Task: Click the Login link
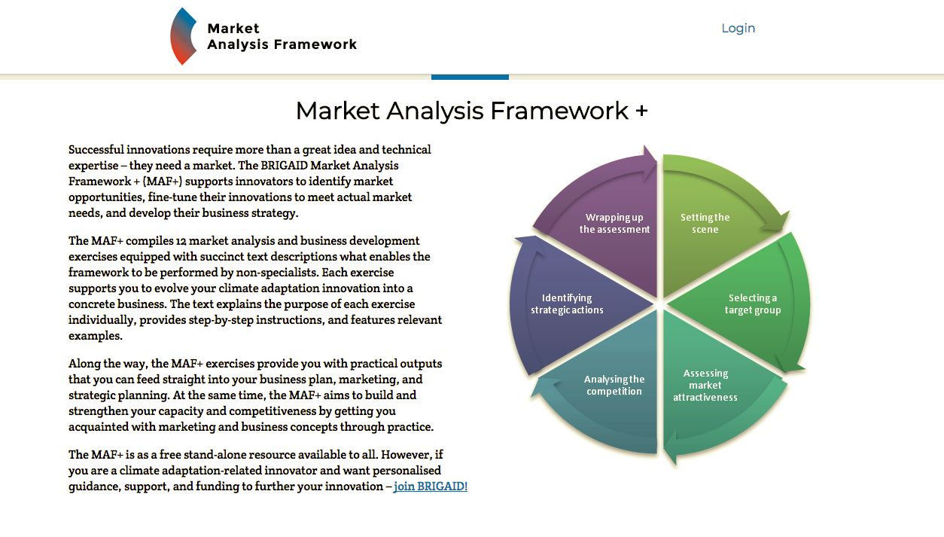tap(738, 29)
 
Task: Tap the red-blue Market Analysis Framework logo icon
tap(183, 36)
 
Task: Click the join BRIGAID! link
tap(431, 487)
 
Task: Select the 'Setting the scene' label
tap(705, 224)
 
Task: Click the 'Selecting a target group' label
tap(752, 304)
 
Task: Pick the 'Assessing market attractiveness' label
tap(705, 386)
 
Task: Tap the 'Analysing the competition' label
tap(614, 386)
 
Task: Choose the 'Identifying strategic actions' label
tap(567, 304)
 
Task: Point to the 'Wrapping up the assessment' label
tap(614, 224)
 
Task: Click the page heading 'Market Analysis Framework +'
tap(471, 111)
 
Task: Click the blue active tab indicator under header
tap(470, 77)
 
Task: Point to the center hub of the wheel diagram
tap(660, 304)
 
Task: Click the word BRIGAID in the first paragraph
tap(288, 166)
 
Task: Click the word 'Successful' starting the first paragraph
tap(96, 150)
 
